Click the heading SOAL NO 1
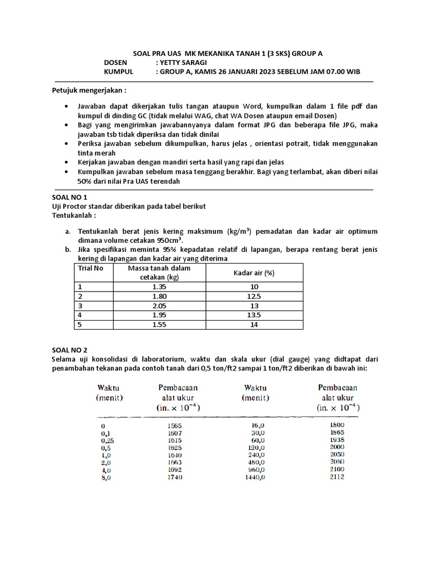coord(70,198)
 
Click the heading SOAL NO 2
coord(70,350)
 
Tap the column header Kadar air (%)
coord(254,273)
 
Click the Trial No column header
coord(91,268)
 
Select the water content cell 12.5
coord(254,296)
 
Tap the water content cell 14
coord(254,325)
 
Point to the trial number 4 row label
coord(81,315)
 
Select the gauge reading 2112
coord(337,477)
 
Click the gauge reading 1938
coord(337,440)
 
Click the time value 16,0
coord(258,425)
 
